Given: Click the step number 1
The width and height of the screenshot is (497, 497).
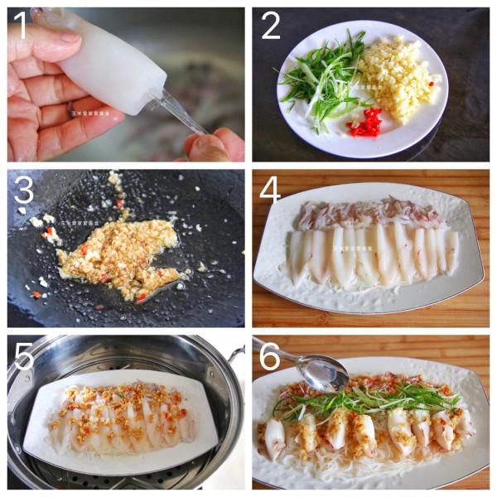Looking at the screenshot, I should tap(21, 28).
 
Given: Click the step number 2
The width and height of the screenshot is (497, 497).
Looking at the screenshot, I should tap(270, 27).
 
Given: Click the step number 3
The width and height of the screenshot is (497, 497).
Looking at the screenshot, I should tap(23, 191).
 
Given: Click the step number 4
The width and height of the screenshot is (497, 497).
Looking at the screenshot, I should tap(270, 190).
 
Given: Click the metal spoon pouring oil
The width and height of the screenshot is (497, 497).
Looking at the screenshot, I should tap(319, 369).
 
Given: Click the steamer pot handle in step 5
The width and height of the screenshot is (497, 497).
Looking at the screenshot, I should tap(235, 357).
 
